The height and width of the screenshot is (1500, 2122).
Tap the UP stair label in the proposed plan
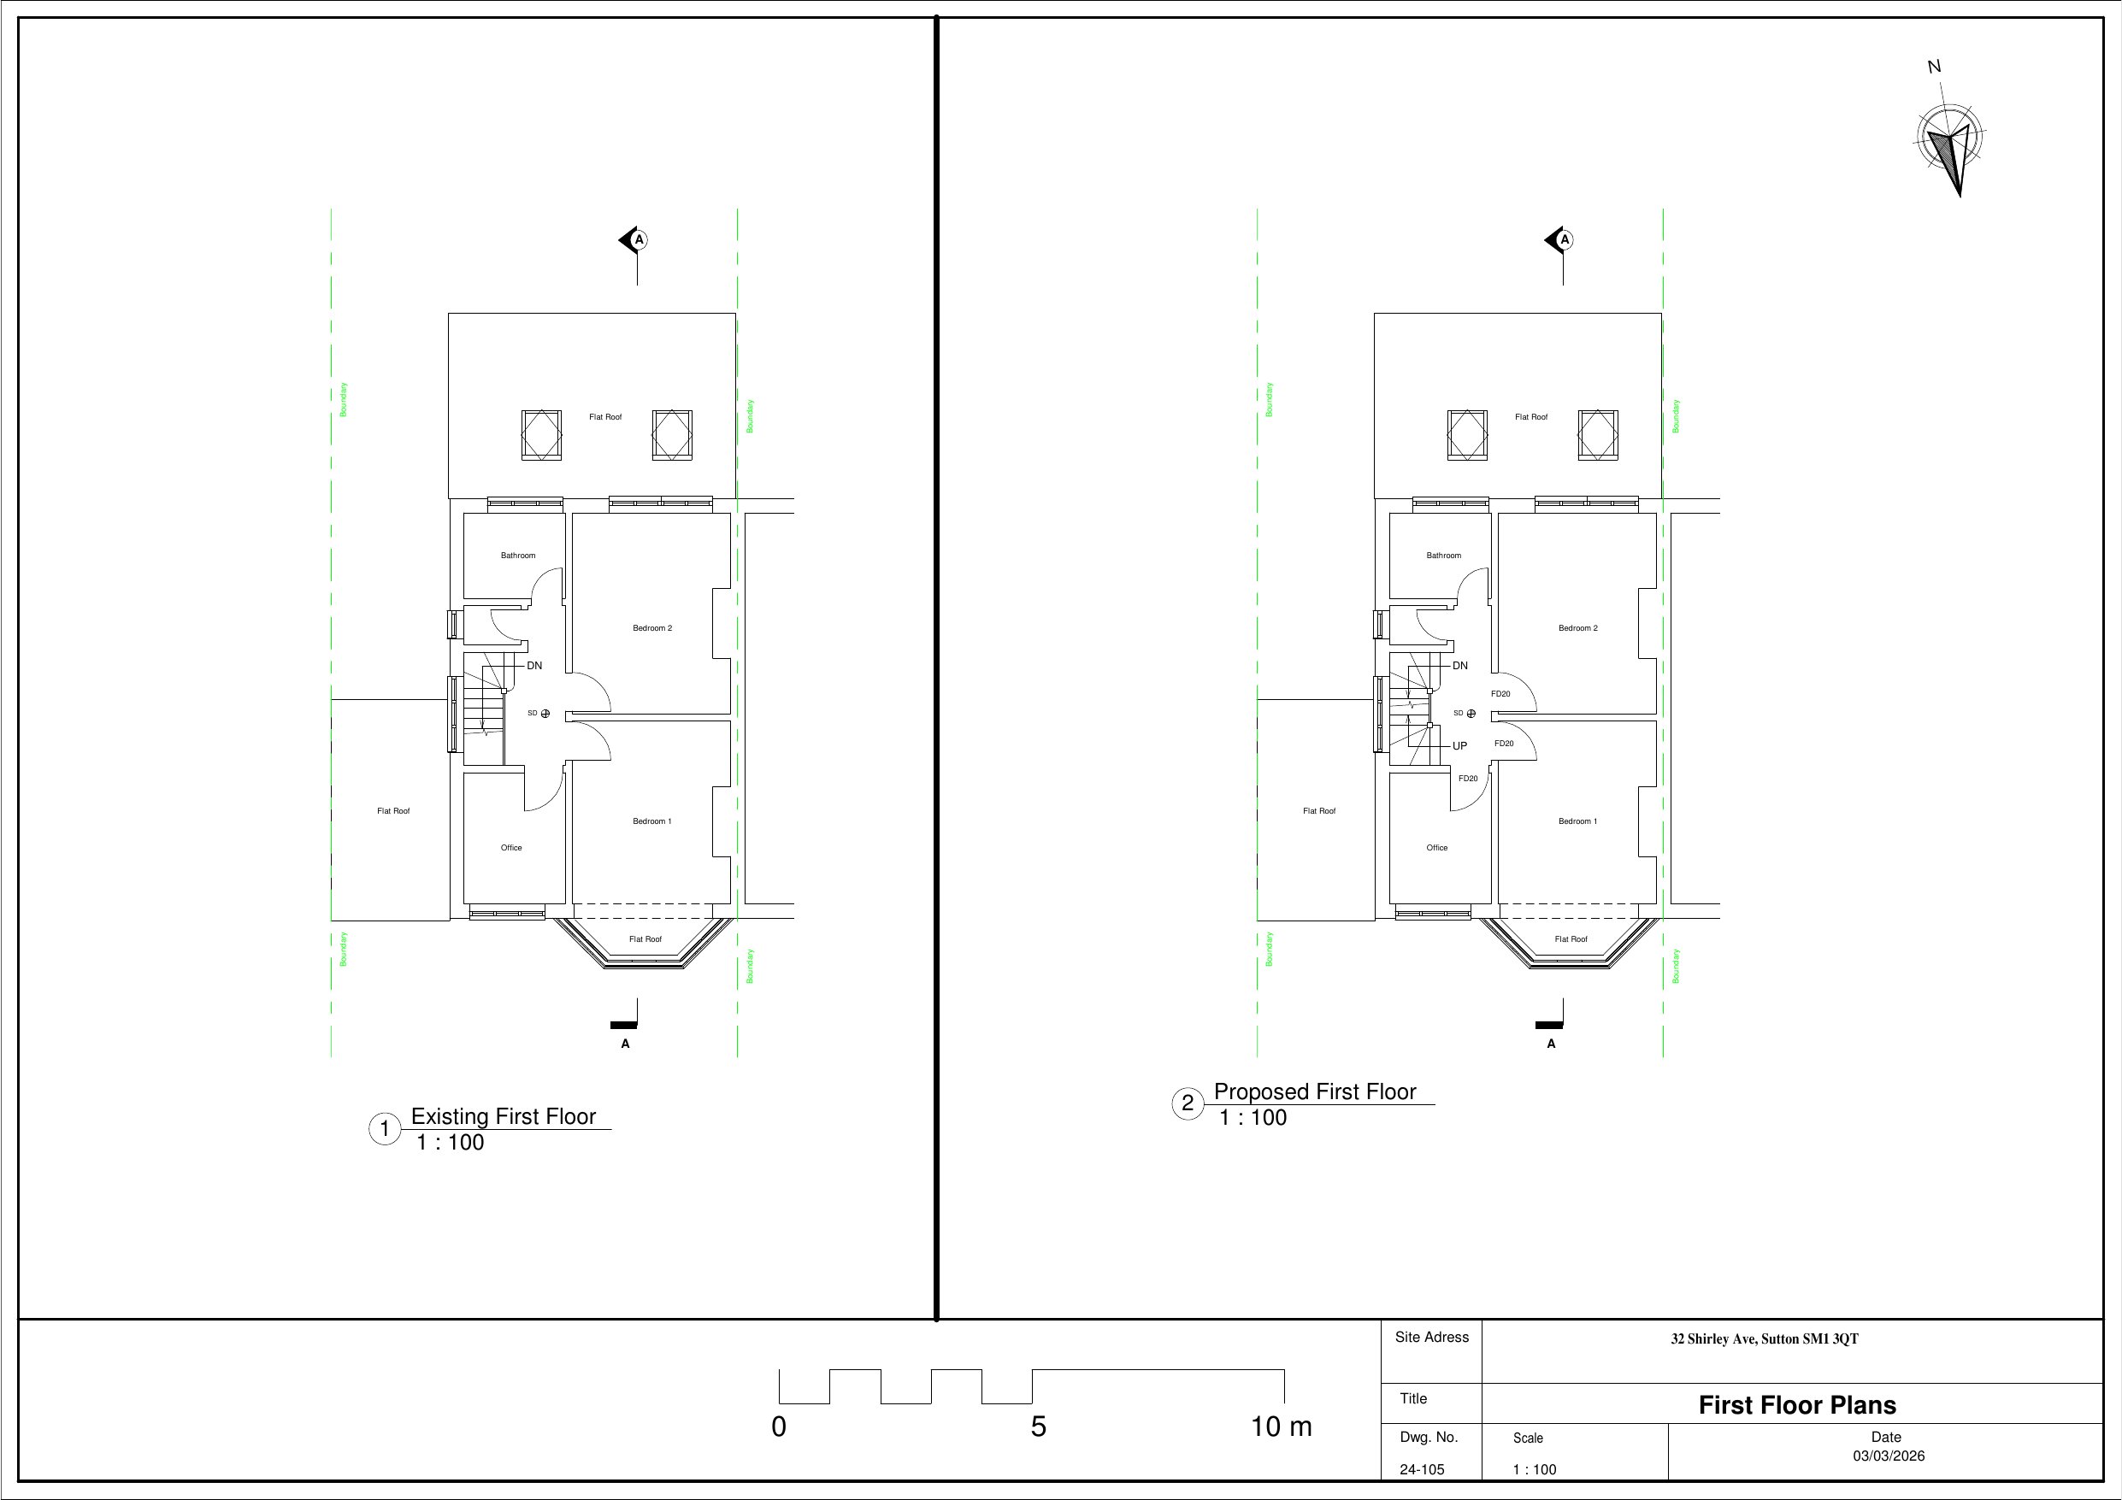coord(1460,746)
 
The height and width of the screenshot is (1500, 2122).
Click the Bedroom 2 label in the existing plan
coord(652,628)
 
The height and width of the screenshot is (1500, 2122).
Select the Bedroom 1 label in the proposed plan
coord(1577,821)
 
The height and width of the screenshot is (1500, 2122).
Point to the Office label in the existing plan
coord(511,848)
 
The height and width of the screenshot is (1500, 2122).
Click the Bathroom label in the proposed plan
coord(1444,556)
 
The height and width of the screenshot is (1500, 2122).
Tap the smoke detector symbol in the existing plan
coord(545,714)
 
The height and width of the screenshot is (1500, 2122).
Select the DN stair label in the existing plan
coord(534,666)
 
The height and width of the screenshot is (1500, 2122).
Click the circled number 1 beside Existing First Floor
coord(385,1128)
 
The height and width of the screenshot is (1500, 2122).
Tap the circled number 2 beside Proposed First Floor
coord(1188,1103)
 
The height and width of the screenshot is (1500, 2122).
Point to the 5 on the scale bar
coord(1039,1427)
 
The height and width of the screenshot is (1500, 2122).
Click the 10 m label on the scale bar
coord(1281,1427)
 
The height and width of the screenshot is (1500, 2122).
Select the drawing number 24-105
coord(1422,1469)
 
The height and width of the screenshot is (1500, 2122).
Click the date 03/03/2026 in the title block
coord(1889,1456)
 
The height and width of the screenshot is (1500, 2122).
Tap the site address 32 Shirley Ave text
coord(1765,1339)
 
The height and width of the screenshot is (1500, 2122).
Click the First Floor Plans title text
coord(1796,1406)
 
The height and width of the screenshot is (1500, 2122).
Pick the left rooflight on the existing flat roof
coord(541,435)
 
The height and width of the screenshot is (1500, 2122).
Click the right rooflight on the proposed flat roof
coord(1598,435)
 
